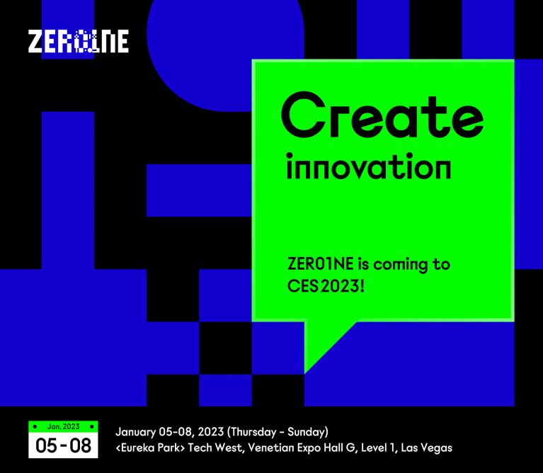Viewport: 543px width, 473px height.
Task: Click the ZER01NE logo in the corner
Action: click(79, 41)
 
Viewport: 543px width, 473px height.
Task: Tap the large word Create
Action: click(382, 115)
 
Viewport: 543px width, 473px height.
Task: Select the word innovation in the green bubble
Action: click(369, 166)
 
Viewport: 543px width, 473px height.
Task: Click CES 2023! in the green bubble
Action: click(326, 286)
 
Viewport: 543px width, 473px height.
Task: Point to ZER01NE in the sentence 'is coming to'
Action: click(320, 264)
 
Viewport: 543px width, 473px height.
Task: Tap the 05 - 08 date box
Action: click(63, 445)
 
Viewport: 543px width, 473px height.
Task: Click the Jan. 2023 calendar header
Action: click(64, 426)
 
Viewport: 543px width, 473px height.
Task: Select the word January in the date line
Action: click(135, 432)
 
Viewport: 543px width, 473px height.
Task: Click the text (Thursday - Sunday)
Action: click(278, 432)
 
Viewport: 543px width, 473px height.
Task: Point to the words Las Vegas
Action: click(426, 448)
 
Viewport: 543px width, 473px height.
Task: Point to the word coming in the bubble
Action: click(401, 265)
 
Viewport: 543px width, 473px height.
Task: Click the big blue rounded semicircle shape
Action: click(225, 55)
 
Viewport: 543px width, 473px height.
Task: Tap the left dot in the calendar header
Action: click(35, 426)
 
